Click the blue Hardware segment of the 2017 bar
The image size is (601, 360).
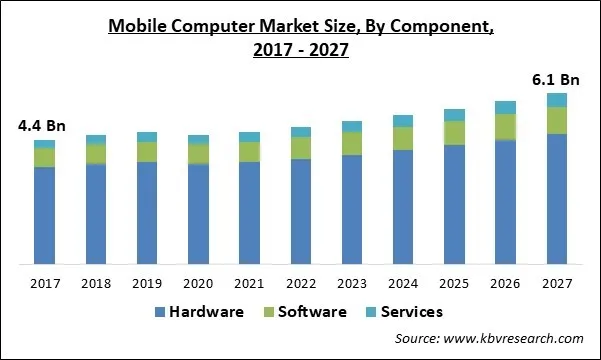click(x=44, y=215)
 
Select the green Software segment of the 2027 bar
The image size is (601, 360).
click(x=556, y=120)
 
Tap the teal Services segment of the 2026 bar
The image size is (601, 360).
click(x=505, y=107)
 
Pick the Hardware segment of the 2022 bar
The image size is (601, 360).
click(x=301, y=211)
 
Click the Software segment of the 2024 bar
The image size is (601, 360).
click(x=403, y=138)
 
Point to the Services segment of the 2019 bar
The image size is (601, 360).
click(x=147, y=137)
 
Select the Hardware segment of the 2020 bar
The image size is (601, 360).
click(x=198, y=214)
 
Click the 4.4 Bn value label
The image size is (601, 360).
click(x=39, y=126)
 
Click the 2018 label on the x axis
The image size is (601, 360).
click(x=96, y=284)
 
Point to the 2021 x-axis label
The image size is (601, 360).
click(x=249, y=284)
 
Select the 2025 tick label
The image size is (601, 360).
click(x=454, y=284)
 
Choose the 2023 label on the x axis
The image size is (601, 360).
click(x=352, y=284)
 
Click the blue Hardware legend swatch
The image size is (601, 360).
click(x=159, y=312)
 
